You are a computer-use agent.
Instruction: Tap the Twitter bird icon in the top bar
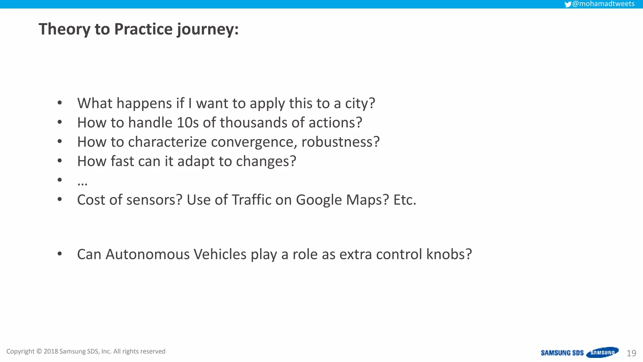[568, 4]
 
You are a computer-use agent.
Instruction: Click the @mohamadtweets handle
[603, 4]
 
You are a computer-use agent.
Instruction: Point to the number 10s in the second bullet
[187, 123]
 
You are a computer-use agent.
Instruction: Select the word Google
[319, 200]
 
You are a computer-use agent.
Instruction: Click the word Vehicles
[220, 254]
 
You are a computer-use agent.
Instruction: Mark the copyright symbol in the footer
[39, 351]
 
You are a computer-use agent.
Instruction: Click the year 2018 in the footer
[51, 351]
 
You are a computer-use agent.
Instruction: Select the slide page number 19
[631, 353]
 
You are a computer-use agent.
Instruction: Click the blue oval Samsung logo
[602, 353]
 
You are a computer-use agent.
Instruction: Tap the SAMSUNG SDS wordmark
[562, 353]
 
